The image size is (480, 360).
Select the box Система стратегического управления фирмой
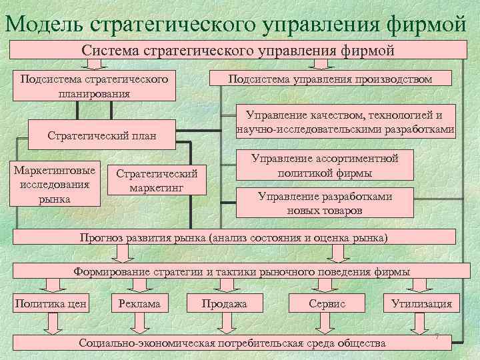(x=238, y=51)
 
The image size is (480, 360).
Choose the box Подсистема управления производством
(x=330, y=79)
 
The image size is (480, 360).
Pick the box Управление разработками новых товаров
(x=325, y=203)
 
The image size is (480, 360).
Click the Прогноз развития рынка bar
(x=233, y=237)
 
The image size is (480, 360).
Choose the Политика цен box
(x=51, y=304)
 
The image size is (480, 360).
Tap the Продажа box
(x=223, y=304)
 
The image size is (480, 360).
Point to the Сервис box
(x=327, y=304)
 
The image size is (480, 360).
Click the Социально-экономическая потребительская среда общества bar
(x=232, y=343)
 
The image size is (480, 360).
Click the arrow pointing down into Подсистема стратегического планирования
(x=94, y=64)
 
